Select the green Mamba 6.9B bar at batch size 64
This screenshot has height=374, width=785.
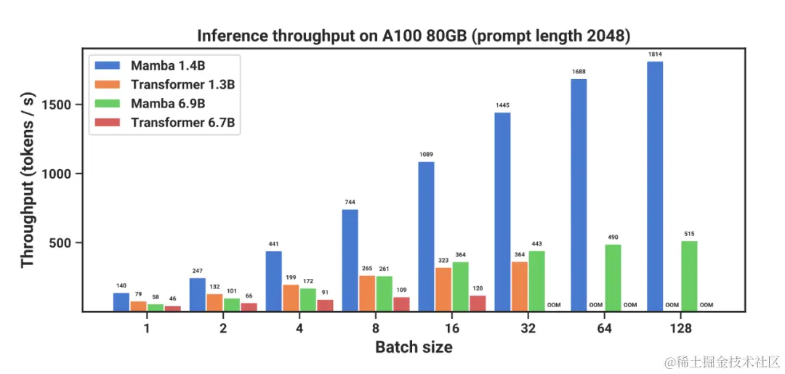click(x=613, y=277)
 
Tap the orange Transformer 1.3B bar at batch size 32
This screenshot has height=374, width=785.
click(x=519, y=286)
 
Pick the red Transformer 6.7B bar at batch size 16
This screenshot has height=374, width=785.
click(x=477, y=303)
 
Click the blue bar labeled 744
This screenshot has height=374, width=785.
click(x=350, y=260)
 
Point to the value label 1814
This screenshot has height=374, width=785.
click(x=655, y=54)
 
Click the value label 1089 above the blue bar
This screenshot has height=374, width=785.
click(x=426, y=155)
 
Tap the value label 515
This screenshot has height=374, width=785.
click(x=689, y=234)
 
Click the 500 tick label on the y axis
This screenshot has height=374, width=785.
click(x=65, y=243)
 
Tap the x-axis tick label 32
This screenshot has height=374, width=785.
click(x=528, y=328)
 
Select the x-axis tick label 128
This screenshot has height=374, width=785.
click(x=680, y=328)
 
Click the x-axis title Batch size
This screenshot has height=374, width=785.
click(x=414, y=347)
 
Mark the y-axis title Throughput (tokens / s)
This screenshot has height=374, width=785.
click(x=28, y=179)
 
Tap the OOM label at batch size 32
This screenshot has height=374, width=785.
click(x=554, y=305)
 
